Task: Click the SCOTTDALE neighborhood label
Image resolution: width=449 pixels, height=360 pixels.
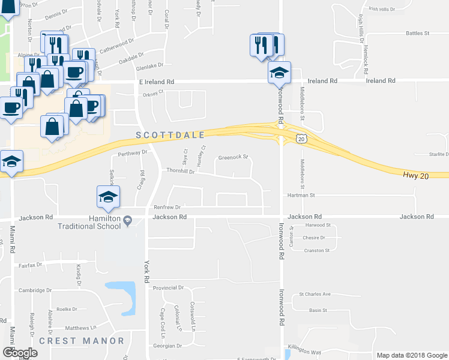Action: point(171,135)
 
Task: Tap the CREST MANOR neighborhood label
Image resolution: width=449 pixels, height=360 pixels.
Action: point(82,341)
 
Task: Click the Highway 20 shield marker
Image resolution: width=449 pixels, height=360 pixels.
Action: point(301,139)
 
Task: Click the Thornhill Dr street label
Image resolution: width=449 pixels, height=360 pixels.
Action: point(181,172)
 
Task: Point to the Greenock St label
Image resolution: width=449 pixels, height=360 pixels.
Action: point(234,157)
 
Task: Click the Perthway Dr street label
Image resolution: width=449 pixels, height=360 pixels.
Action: point(133,153)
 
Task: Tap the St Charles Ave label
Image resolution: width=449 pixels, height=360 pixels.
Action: point(315,294)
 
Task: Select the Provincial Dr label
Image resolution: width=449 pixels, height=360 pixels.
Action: point(167,288)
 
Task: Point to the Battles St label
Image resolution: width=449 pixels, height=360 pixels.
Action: point(418,33)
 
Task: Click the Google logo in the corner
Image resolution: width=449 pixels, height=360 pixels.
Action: point(20,353)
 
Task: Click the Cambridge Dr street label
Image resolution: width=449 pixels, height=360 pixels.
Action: point(35,290)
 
